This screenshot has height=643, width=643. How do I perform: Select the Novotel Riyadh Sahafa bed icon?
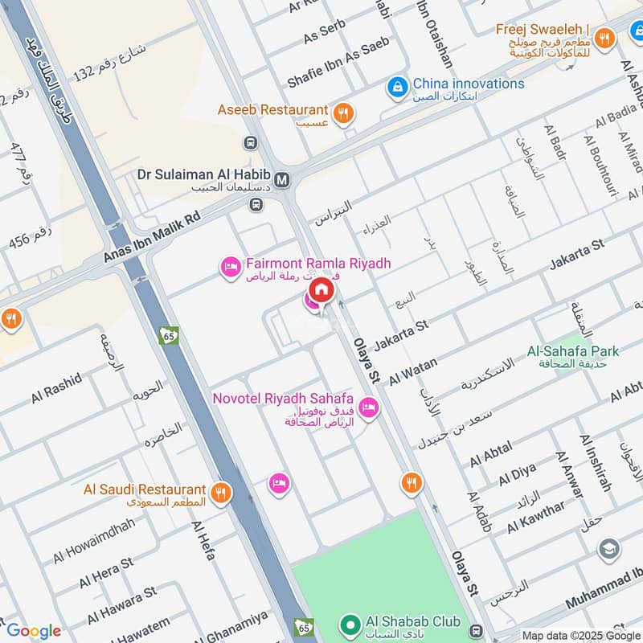369,407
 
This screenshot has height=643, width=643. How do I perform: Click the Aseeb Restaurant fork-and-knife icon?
343,113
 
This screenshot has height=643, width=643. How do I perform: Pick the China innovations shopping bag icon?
397,84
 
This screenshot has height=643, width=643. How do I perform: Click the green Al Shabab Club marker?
350,623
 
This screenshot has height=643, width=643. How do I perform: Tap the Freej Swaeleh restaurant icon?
604,36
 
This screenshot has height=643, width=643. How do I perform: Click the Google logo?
34,631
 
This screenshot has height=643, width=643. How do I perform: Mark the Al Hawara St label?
117,604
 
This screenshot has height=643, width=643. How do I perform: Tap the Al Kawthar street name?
536,517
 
